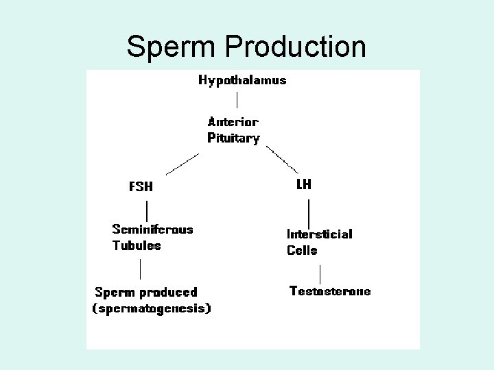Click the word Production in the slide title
pyautogui.click(x=295, y=47)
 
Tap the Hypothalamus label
pyautogui.click(x=242, y=80)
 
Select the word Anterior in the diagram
pyautogui.click(x=233, y=122)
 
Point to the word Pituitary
pyautogui.click(x=233, y=138)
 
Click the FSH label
pyautogui.click(x=141, y=186)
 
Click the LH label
pyautogui.click(x=303, y=184)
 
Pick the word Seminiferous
pyautogui.click(x=152, y=230)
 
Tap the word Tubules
pyautogui.click(x=137, y=245)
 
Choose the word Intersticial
pyautogui.click(x=319, y=234)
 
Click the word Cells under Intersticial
pyautogui.click(x=302, y=250)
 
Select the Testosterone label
pyautogui.click(x=330, y=291)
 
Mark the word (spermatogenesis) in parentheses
pyautogui.click(x=152, y=308)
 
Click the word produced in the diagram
pyautogui.click(x=168, y=293)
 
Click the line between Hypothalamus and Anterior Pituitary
pyautogui.click(x=237, y=100)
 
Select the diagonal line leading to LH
pyautogui.click(x=282, y=160)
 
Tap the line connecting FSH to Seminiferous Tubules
pyautogui.click(x=148, y=208)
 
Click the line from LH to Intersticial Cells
pyautogui.click(x=309, y=210)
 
